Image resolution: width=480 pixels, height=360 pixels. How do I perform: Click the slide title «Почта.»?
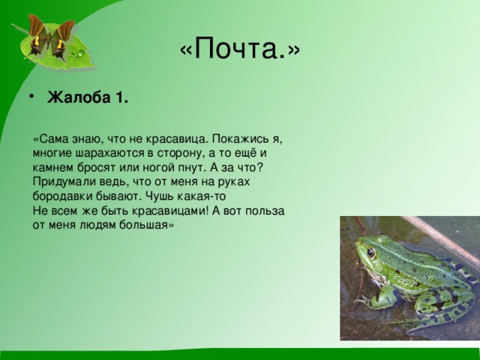[239, 49]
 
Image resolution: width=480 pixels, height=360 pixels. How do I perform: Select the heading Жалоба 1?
[88, 99]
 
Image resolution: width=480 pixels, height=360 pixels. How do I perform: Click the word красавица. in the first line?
[176, 139]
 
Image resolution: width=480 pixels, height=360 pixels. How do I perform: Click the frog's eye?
[370, 253]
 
